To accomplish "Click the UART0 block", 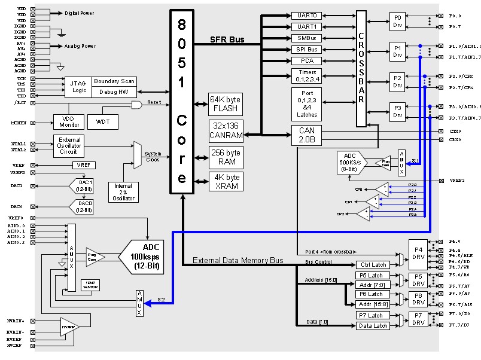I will [x=306, y=16].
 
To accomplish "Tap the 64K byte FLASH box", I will [x=225, y=104].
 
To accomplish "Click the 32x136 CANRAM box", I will [x=225, y=130].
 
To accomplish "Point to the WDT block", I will [x=103, y=122].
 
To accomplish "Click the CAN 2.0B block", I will [x=306, y=135].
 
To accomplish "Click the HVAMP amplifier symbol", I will [x=70, y=327].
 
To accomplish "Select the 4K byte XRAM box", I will [x=225, y=181].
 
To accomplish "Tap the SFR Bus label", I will [x=227, y=39].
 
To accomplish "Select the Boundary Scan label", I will [x=115, y=81].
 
